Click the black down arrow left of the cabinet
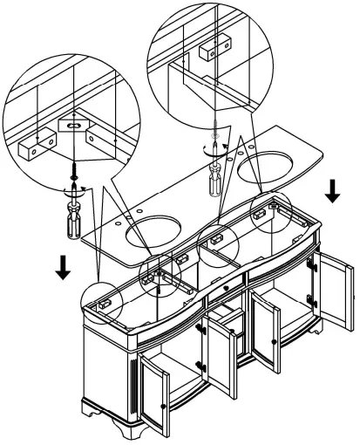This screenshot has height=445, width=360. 64,269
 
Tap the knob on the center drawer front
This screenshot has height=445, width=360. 226,285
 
